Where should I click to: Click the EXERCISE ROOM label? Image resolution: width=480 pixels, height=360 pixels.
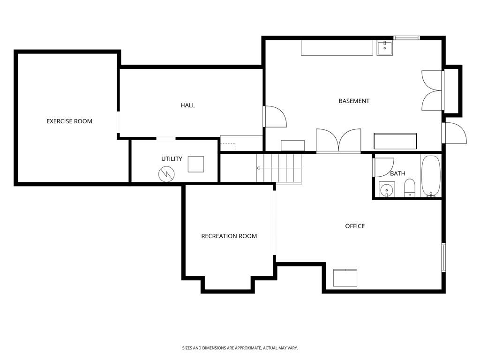[69, 121]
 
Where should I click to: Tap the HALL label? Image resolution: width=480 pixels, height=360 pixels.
[187, 105]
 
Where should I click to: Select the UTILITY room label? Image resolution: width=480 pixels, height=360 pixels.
[172, 159]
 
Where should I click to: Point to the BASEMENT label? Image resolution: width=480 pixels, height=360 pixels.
[354, 101]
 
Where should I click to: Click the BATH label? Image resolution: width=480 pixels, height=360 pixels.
[397, 173]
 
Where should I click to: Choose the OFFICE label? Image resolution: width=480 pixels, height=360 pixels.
[355, 226]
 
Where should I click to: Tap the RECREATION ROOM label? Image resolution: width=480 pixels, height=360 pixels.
[229, 236]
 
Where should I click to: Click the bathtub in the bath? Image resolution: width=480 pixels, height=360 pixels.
[430, 176]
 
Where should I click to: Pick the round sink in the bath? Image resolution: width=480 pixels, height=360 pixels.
[387, 189]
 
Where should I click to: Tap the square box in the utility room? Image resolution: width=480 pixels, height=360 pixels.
[196, 164]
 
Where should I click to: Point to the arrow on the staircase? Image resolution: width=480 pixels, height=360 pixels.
[258, 168]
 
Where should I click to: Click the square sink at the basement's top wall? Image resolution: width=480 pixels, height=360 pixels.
[385, 48]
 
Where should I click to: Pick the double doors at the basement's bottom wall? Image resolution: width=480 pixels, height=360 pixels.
[338, 140]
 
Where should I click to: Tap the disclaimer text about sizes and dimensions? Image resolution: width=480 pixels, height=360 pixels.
[240, 348]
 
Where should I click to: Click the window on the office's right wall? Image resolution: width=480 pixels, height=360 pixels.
[443, 257]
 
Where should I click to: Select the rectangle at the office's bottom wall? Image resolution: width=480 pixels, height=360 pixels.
[345, 277]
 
